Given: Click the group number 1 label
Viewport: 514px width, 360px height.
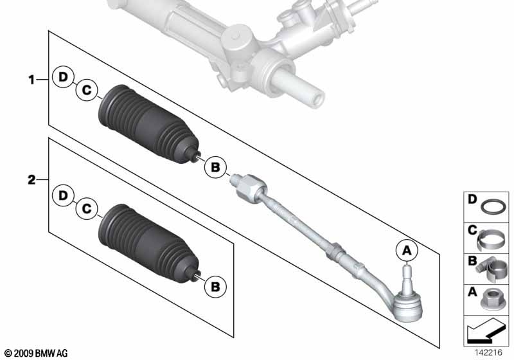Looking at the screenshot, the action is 31,80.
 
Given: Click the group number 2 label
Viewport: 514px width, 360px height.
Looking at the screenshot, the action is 31,179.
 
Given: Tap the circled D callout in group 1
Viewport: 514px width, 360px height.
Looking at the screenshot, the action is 62,77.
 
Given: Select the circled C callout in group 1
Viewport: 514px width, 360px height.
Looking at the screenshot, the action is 87,89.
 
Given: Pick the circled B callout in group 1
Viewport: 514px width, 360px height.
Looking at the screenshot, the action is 215,167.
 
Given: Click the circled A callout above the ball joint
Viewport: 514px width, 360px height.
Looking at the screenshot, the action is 407,251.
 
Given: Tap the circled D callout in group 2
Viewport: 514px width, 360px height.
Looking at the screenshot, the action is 62,195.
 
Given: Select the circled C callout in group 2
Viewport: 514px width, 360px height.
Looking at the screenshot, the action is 87,209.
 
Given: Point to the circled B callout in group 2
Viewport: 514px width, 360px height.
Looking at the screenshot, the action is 215,287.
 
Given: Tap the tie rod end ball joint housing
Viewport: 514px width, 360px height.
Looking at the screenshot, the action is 407,306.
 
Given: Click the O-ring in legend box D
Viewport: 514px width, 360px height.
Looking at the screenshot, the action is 493,207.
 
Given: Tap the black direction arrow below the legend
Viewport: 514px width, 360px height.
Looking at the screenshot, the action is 485,332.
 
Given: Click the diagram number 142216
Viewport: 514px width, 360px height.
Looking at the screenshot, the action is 488,352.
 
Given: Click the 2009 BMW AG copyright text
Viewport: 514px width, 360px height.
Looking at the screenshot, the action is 36,353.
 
